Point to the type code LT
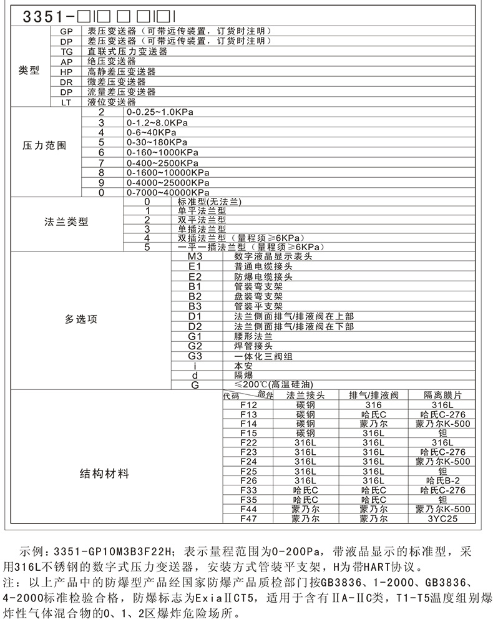(x=66, y=102)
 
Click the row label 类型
(x=29, y=70)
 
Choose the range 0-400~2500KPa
(x=159, y=162)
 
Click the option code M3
(x=195, y=256)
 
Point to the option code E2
(x=195, y=276)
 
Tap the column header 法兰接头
(x=305, y=396)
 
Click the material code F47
(x=248, y=518)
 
